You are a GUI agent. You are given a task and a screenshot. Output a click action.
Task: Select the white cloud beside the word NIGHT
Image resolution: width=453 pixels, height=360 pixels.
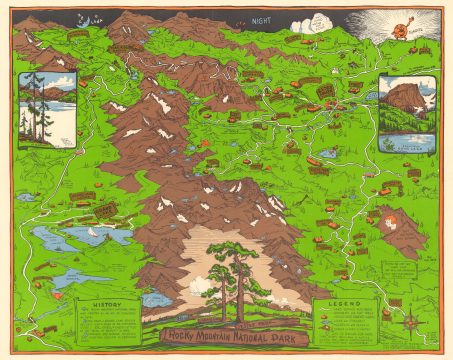[314, 22]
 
